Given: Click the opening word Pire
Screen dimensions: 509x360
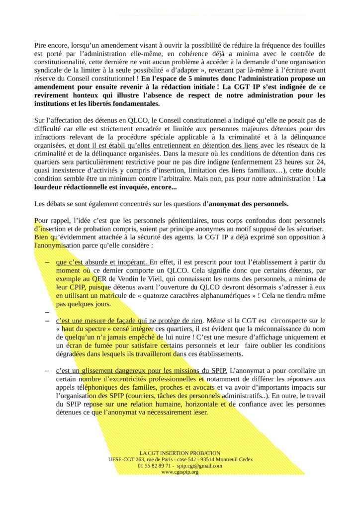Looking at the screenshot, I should pyautogui.click(x=41, y=45).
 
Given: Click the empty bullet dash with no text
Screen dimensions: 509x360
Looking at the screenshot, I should pyautogui.click(x=47, y=313).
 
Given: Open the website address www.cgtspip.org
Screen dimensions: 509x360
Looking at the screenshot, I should pyautogui.click(x=180, y=472).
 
